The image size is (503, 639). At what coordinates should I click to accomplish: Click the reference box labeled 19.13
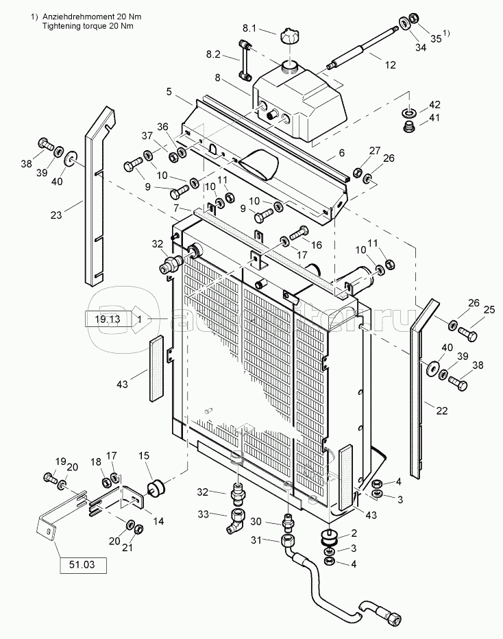point(108,319)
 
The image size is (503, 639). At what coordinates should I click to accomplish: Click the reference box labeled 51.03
point(84,565)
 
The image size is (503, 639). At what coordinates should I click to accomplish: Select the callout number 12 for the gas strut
point(390,65)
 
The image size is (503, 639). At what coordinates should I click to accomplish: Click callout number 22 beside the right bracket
point(442,411)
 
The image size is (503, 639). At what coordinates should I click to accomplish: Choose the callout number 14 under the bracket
point(158,521)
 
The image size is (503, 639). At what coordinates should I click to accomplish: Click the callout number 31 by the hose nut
point(256,540)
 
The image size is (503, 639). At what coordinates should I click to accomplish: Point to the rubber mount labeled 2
point(330,537)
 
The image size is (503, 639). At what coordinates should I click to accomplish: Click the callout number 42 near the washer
point(434,105)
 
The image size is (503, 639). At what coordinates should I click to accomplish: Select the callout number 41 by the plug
point(434,118)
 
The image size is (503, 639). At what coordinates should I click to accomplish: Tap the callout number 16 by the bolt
point(316,245)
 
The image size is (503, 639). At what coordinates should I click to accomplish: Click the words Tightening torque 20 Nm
point(88,25)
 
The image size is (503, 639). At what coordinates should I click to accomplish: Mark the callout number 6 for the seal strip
point(342,153)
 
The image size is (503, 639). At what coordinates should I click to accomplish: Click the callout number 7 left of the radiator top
point(176,208)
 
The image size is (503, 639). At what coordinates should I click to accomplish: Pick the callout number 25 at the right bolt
point(489,310)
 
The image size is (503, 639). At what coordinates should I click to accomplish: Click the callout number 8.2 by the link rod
point(213,54)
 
